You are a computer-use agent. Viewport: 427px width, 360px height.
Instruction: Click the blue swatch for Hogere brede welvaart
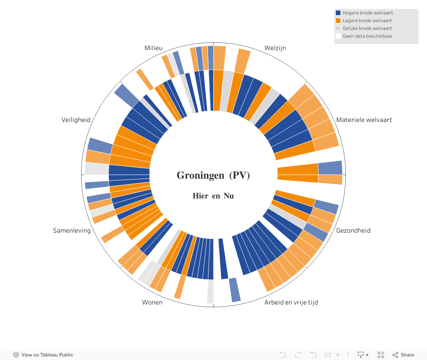tap(338, 13)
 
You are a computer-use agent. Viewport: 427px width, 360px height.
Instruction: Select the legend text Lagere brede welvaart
tap(367, 21)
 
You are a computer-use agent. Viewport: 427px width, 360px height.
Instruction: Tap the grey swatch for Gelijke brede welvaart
tap(338, 28)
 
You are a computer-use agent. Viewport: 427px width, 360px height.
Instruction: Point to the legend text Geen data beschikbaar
tap(368, 36)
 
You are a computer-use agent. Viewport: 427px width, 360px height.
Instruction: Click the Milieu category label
tap(153, 48)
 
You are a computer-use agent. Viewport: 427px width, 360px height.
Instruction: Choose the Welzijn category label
tap(275, 48)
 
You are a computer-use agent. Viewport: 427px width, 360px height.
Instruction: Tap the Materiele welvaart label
tap(364, 120)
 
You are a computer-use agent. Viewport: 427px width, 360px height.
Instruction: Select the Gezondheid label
tap(353, 230)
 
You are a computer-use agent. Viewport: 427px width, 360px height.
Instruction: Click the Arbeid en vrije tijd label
tap(291, 302)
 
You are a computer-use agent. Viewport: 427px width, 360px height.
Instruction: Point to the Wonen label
tap(152, 302)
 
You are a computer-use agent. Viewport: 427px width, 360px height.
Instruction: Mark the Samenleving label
tap(72, 230)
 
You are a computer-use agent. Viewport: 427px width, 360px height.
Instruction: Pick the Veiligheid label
tap(76, 120)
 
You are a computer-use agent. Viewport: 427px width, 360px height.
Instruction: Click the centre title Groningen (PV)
tap(213, 176)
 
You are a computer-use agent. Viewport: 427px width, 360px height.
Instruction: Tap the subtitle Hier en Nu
tap(213, 196)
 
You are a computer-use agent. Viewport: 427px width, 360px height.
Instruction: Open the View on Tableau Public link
tap(43, 355)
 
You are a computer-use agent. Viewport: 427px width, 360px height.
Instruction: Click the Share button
tap(403, 355)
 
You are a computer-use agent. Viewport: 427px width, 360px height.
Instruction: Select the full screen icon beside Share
tap(381, 355)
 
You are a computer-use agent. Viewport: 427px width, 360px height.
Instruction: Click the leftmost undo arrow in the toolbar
tap(282, 355)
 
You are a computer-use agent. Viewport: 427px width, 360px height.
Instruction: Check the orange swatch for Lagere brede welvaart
tap(338, 21)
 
